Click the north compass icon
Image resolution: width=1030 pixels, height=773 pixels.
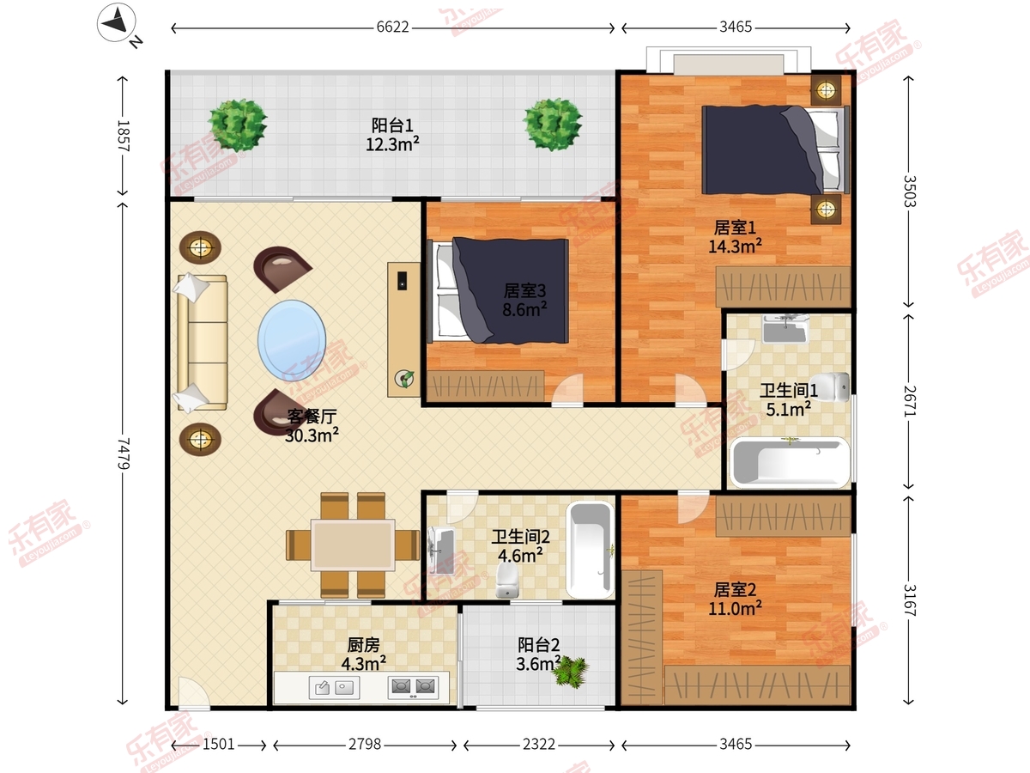[117, 22]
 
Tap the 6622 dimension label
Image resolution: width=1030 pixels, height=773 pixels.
[393, 27]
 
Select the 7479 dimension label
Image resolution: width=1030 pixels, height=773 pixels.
[123, 453]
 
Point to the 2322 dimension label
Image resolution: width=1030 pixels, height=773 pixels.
[539, 744]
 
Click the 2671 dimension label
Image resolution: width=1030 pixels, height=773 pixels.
[910, 401]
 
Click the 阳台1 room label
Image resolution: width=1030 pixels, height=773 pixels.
[392, 125]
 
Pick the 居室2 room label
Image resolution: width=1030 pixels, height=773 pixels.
[735, 590]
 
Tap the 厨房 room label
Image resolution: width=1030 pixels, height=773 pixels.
[363, 645]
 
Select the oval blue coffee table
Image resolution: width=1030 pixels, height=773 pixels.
[291, 341]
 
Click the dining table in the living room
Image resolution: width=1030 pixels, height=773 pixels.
[353, 545]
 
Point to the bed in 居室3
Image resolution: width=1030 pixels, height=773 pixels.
[499, 290]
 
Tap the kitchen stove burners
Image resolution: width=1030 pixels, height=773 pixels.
[413, 687]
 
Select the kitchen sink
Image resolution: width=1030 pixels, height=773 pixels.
[334, 688]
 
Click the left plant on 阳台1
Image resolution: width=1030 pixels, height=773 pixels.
[238, 125]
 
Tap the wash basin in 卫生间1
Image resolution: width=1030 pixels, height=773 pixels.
[785, 329]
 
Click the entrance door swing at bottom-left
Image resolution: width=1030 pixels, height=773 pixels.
[193, 691]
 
